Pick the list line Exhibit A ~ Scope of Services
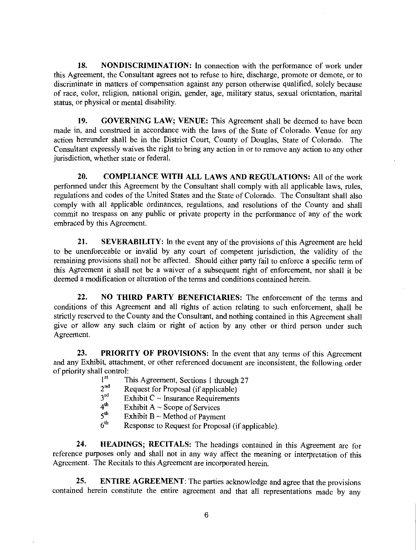click(172, 407)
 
